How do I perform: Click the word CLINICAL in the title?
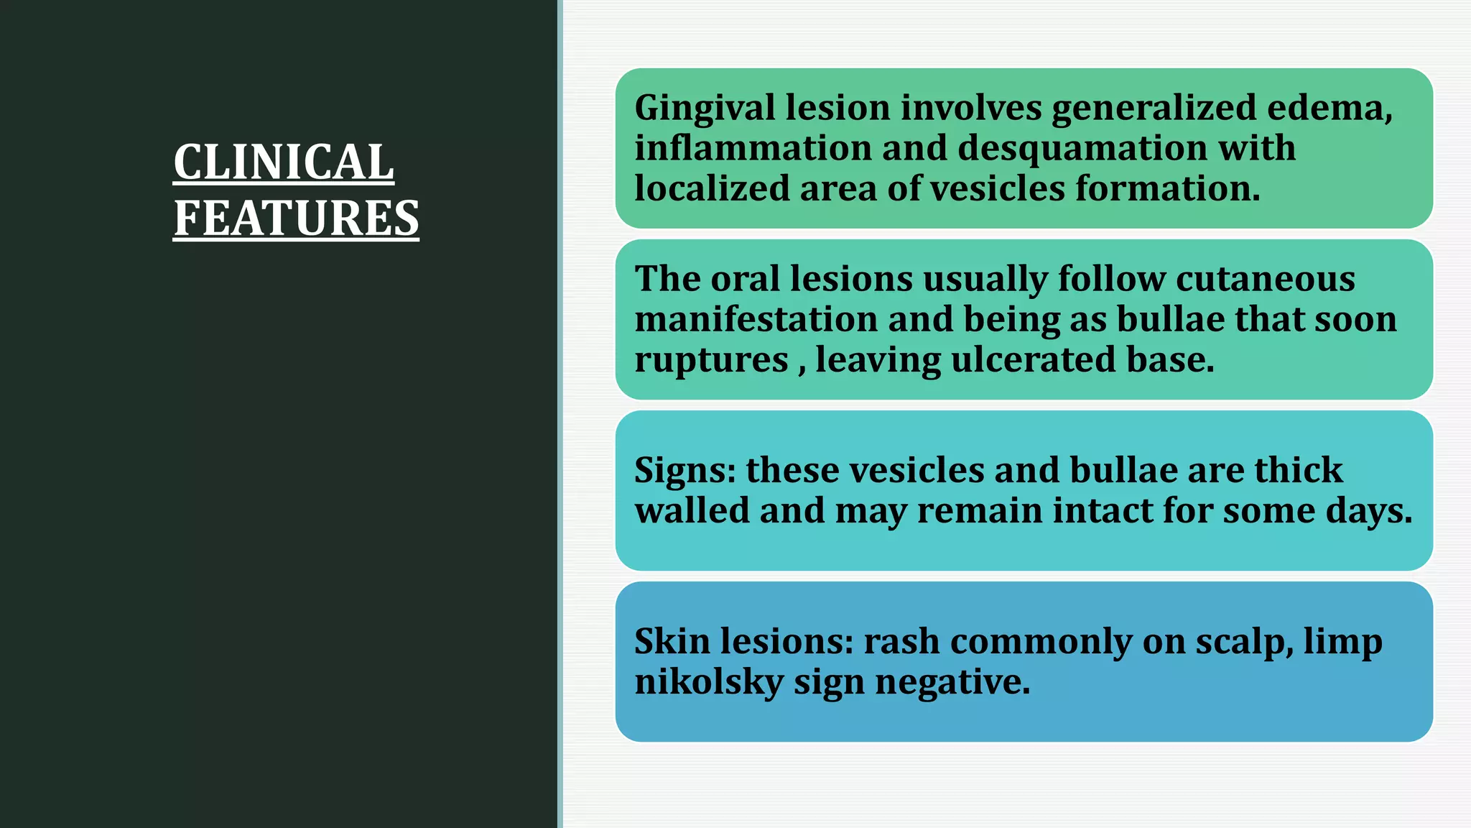click(x=284, y=162)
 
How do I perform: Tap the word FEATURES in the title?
click(x=296, y=218)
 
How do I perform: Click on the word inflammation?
click(x=753, y=148)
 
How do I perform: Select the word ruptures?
click(x=711, y=360)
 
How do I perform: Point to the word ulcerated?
click(x=1033, y=359)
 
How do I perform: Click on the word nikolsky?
click(x=708, y=682)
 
